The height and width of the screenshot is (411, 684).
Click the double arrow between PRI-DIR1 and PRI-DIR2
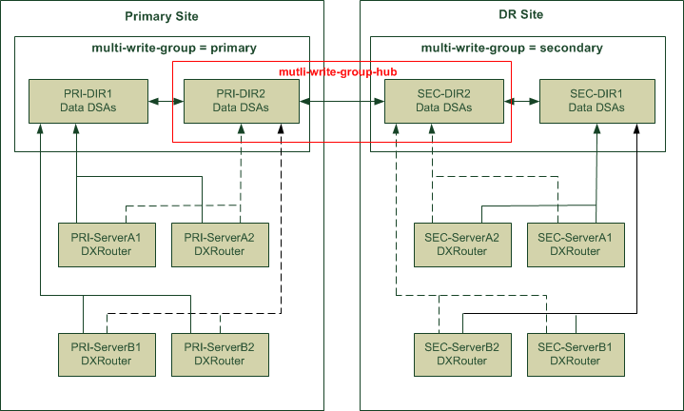(x=164, y=101)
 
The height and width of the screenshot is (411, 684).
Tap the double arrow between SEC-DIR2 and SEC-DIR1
(x=518, y=101)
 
